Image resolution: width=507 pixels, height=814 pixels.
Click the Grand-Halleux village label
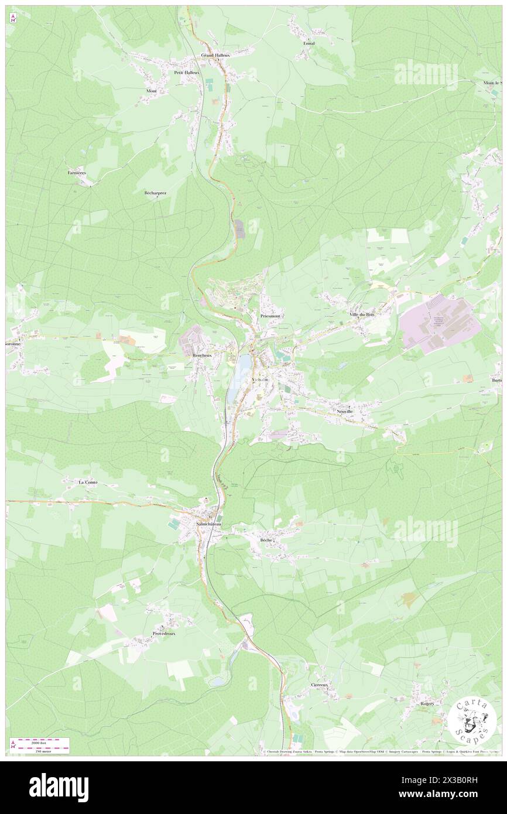coord(215,55)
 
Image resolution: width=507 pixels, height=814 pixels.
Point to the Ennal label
coord(309,43)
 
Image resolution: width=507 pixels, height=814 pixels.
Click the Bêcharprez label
coord(155,193)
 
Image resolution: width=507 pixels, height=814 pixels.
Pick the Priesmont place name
coord(270,316)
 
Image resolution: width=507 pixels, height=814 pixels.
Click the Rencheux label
coord(202,355)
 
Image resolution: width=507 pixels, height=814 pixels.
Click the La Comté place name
coord(88,482)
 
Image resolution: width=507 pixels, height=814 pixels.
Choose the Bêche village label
coord(266,539)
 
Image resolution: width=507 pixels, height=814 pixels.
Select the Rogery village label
coord(427,703)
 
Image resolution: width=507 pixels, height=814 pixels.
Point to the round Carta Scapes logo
coord(473,720)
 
